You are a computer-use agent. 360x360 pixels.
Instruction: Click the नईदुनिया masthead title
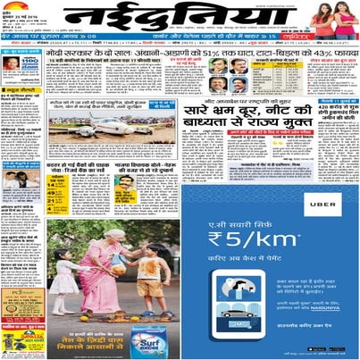click(x=180, y=19)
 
